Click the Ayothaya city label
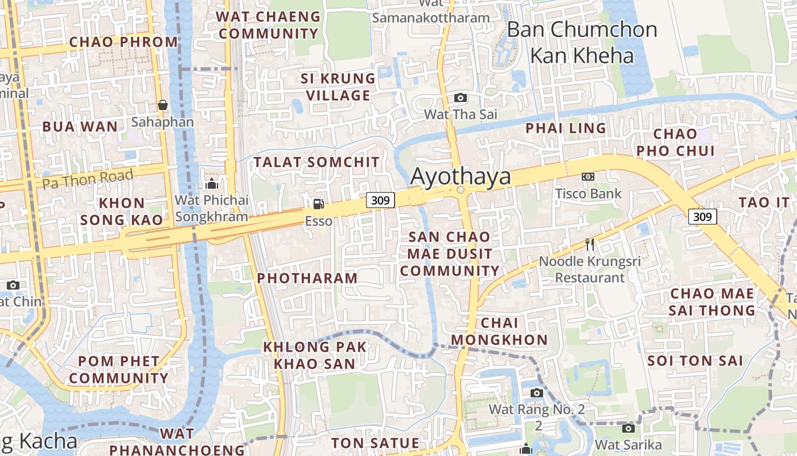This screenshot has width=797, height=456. click(461, 177)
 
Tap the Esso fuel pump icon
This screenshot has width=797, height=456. click(318, 203)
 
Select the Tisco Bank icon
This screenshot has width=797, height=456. click(588, 177)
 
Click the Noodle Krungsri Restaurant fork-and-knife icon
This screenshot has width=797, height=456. click(590, 245)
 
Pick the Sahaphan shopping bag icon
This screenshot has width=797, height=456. click(163, 105)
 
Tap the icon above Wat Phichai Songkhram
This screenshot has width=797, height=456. click(212, 184)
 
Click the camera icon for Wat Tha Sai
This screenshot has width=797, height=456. click(461, 97)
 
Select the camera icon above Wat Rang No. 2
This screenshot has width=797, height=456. click(536, 393)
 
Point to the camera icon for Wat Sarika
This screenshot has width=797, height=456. click(628, 428)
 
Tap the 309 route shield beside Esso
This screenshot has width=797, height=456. click(380, 200)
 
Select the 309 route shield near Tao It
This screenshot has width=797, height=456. click(702, 217)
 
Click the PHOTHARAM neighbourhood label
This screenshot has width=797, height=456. click(307, 278)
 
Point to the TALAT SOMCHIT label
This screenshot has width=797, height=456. click(317, 162)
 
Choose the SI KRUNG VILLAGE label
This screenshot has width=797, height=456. click(338, 87)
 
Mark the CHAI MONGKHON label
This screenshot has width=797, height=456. click(499, 331)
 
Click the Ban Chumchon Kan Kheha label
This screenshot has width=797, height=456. click(582, 42)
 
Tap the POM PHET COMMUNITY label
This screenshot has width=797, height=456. click(119, 369)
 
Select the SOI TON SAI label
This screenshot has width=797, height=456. click(695, 361)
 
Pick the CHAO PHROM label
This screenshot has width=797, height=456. click(124, 42)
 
